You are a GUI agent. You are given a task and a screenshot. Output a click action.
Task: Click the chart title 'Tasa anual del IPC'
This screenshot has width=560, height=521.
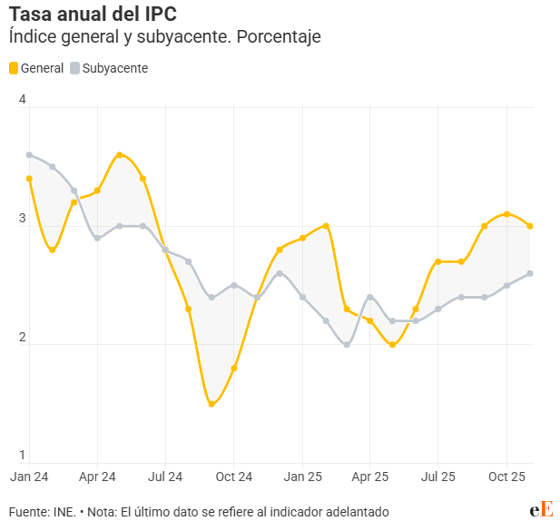click(x=93, y=15)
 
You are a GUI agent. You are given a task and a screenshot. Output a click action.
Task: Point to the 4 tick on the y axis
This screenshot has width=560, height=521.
click(x=23, y=100)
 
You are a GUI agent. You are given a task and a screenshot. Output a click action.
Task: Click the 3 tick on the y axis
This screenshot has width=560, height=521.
click(x=23, y=219)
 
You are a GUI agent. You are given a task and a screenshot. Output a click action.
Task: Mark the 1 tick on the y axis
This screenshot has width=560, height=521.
click(x=23, y=455)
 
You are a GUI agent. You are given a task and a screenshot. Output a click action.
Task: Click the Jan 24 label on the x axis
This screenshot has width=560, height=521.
click(x=29, y=476)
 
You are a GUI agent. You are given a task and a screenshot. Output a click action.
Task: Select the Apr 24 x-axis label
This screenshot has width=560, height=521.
click(x=97, y=476)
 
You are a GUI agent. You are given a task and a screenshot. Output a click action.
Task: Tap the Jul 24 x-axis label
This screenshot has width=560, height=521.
click(x=165, y=476)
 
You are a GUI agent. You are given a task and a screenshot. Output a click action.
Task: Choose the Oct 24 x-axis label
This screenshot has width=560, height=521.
click(x=233, y=476)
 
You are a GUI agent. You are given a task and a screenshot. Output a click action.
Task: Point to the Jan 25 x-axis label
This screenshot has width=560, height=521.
click(x=302, y=476)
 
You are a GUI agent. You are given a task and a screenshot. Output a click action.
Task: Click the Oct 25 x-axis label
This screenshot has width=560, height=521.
click(x=507, y=476)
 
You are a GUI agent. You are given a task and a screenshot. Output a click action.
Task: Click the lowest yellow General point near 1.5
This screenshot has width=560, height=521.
click(x=211, y=404)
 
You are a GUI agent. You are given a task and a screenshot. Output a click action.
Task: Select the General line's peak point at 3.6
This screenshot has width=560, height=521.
click(x=120, y=155)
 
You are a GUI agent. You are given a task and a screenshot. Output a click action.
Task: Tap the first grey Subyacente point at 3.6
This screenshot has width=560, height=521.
click(x=29, y=155)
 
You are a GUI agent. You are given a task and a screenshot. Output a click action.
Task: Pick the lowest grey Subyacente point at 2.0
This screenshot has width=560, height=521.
click(x=348, y=344)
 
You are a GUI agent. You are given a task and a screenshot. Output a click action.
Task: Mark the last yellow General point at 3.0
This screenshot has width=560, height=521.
click(x=530, y=226)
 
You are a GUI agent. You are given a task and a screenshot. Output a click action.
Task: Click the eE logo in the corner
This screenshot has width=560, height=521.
click(x=542, y=509)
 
